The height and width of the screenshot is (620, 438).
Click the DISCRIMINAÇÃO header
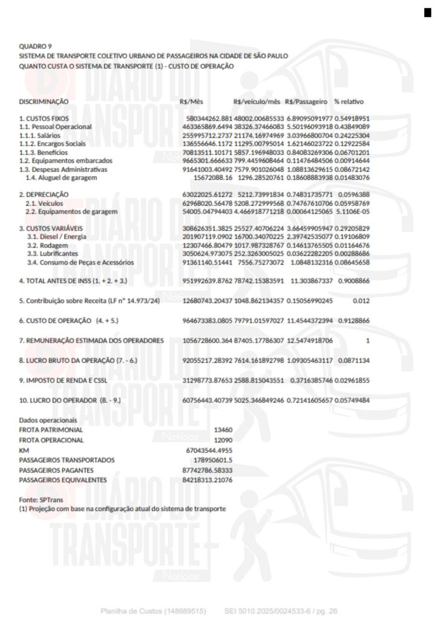[44, 101]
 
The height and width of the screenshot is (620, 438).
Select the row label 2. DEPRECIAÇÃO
[44, 194]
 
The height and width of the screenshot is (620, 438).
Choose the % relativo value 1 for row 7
[367, 341]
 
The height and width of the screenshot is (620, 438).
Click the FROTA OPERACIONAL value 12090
[223, 440]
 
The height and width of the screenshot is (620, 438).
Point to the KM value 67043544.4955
[209, 450]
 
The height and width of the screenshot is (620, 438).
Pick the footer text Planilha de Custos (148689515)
[154, 611]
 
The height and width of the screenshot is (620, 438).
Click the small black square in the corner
[428, 13]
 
